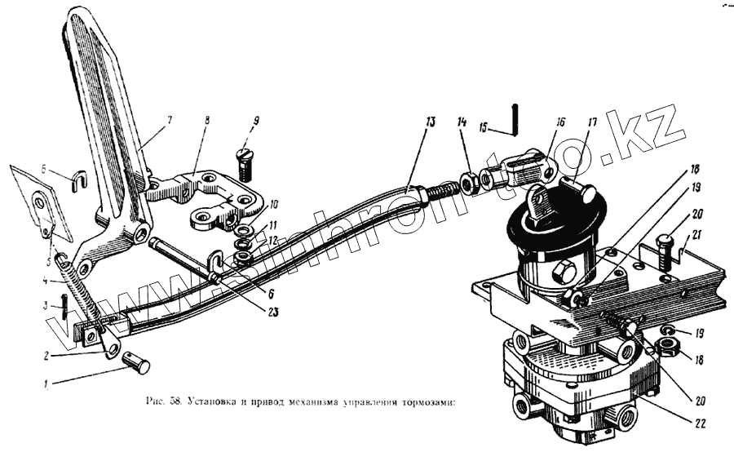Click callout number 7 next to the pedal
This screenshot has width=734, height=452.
pyautogui.click(x=169, y=121)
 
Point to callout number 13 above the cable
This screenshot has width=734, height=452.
pyautogui.click(x=430, y=122)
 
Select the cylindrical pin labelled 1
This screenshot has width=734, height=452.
pyautogui.click(x=136, y=361)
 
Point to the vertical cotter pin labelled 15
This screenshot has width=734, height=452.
pyautogui.click(x=515, y=118)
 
